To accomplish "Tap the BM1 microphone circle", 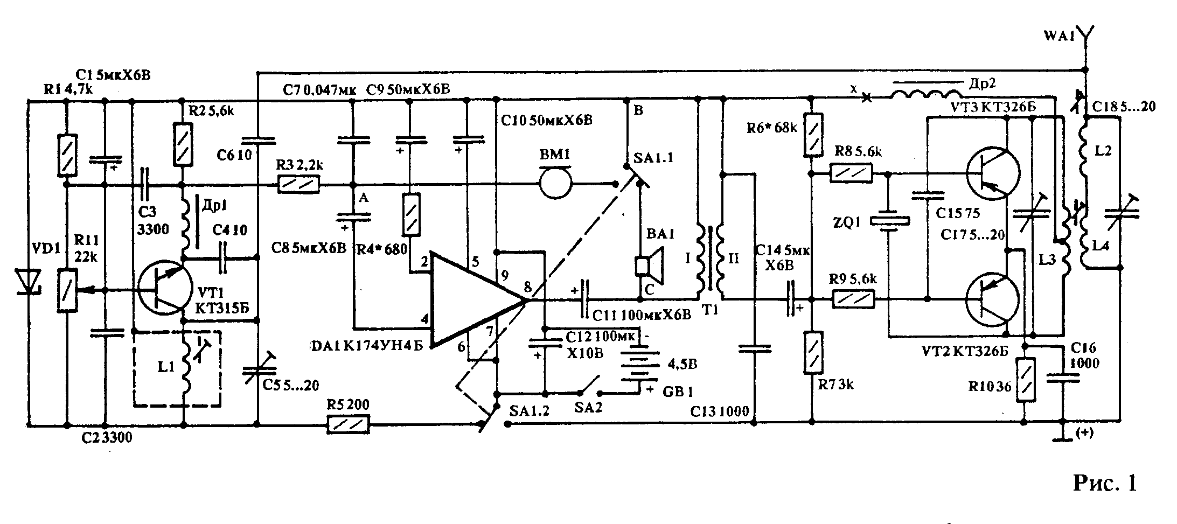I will click(555, 184).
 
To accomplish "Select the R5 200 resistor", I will click(348, 424).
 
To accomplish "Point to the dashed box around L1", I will click(176, 369).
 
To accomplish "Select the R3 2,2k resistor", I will click(298, 184).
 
